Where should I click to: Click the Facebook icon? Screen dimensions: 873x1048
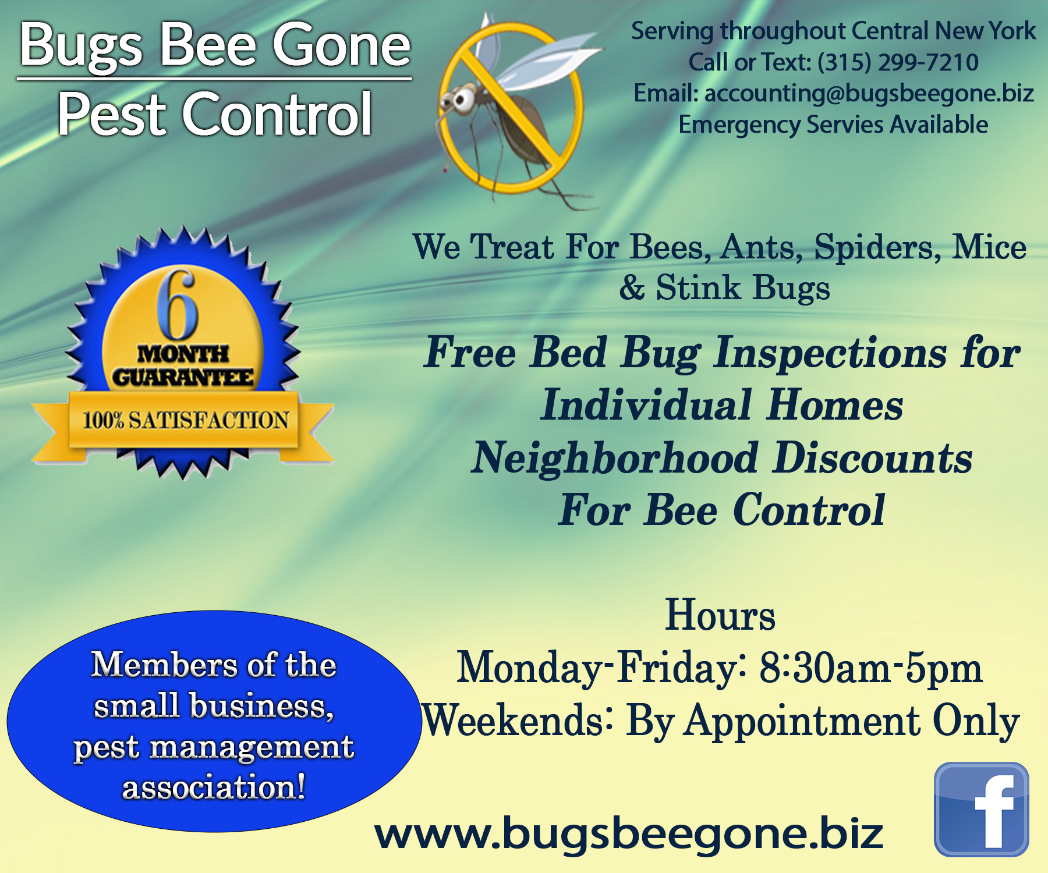pos(981,809)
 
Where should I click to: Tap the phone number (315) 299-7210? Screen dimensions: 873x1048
pos(898,62)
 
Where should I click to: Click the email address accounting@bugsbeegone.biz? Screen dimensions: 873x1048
pos(869,93)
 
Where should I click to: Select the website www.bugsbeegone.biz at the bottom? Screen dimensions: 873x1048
pos(629,833)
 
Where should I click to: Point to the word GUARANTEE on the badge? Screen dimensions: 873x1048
pos(183,377)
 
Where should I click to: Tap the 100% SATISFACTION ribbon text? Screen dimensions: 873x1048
pos(185,420)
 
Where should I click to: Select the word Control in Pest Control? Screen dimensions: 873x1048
pos(277,115)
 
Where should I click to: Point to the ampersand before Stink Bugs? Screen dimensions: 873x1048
pos(632,288)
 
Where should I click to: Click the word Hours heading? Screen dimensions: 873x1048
pos(720,615)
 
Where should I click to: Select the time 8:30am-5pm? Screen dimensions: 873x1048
pos(871,668)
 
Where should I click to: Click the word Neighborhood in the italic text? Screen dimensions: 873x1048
pos(615,458)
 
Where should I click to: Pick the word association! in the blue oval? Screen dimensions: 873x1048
pos(214,787)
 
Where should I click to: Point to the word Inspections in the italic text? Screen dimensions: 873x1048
pos(831,353)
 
